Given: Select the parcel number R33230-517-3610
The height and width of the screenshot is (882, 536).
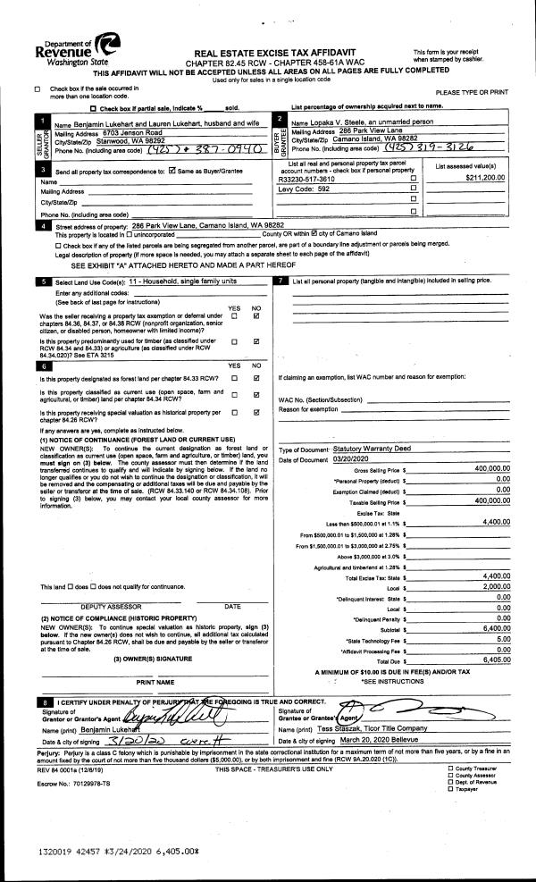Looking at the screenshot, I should point(308,179).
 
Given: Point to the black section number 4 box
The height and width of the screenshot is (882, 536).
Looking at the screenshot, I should point(42,227).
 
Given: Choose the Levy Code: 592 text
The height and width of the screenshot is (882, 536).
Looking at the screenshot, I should point(305,189).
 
